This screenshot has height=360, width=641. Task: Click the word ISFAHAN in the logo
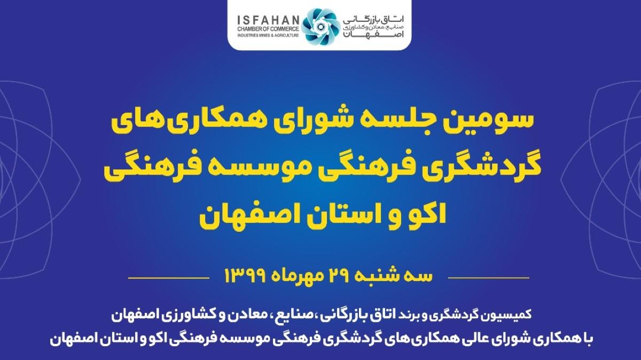coord(268,20)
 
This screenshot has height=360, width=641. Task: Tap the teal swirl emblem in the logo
coord(319,27)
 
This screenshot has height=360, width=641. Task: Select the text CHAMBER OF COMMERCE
coord(268,29)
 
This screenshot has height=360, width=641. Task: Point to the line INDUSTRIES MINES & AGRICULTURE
coord(268,35)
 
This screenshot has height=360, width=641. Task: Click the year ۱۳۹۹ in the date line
coord(246,276)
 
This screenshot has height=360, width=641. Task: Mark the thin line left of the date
coord(169,278)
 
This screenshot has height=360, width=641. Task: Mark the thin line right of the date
coord(488,278)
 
